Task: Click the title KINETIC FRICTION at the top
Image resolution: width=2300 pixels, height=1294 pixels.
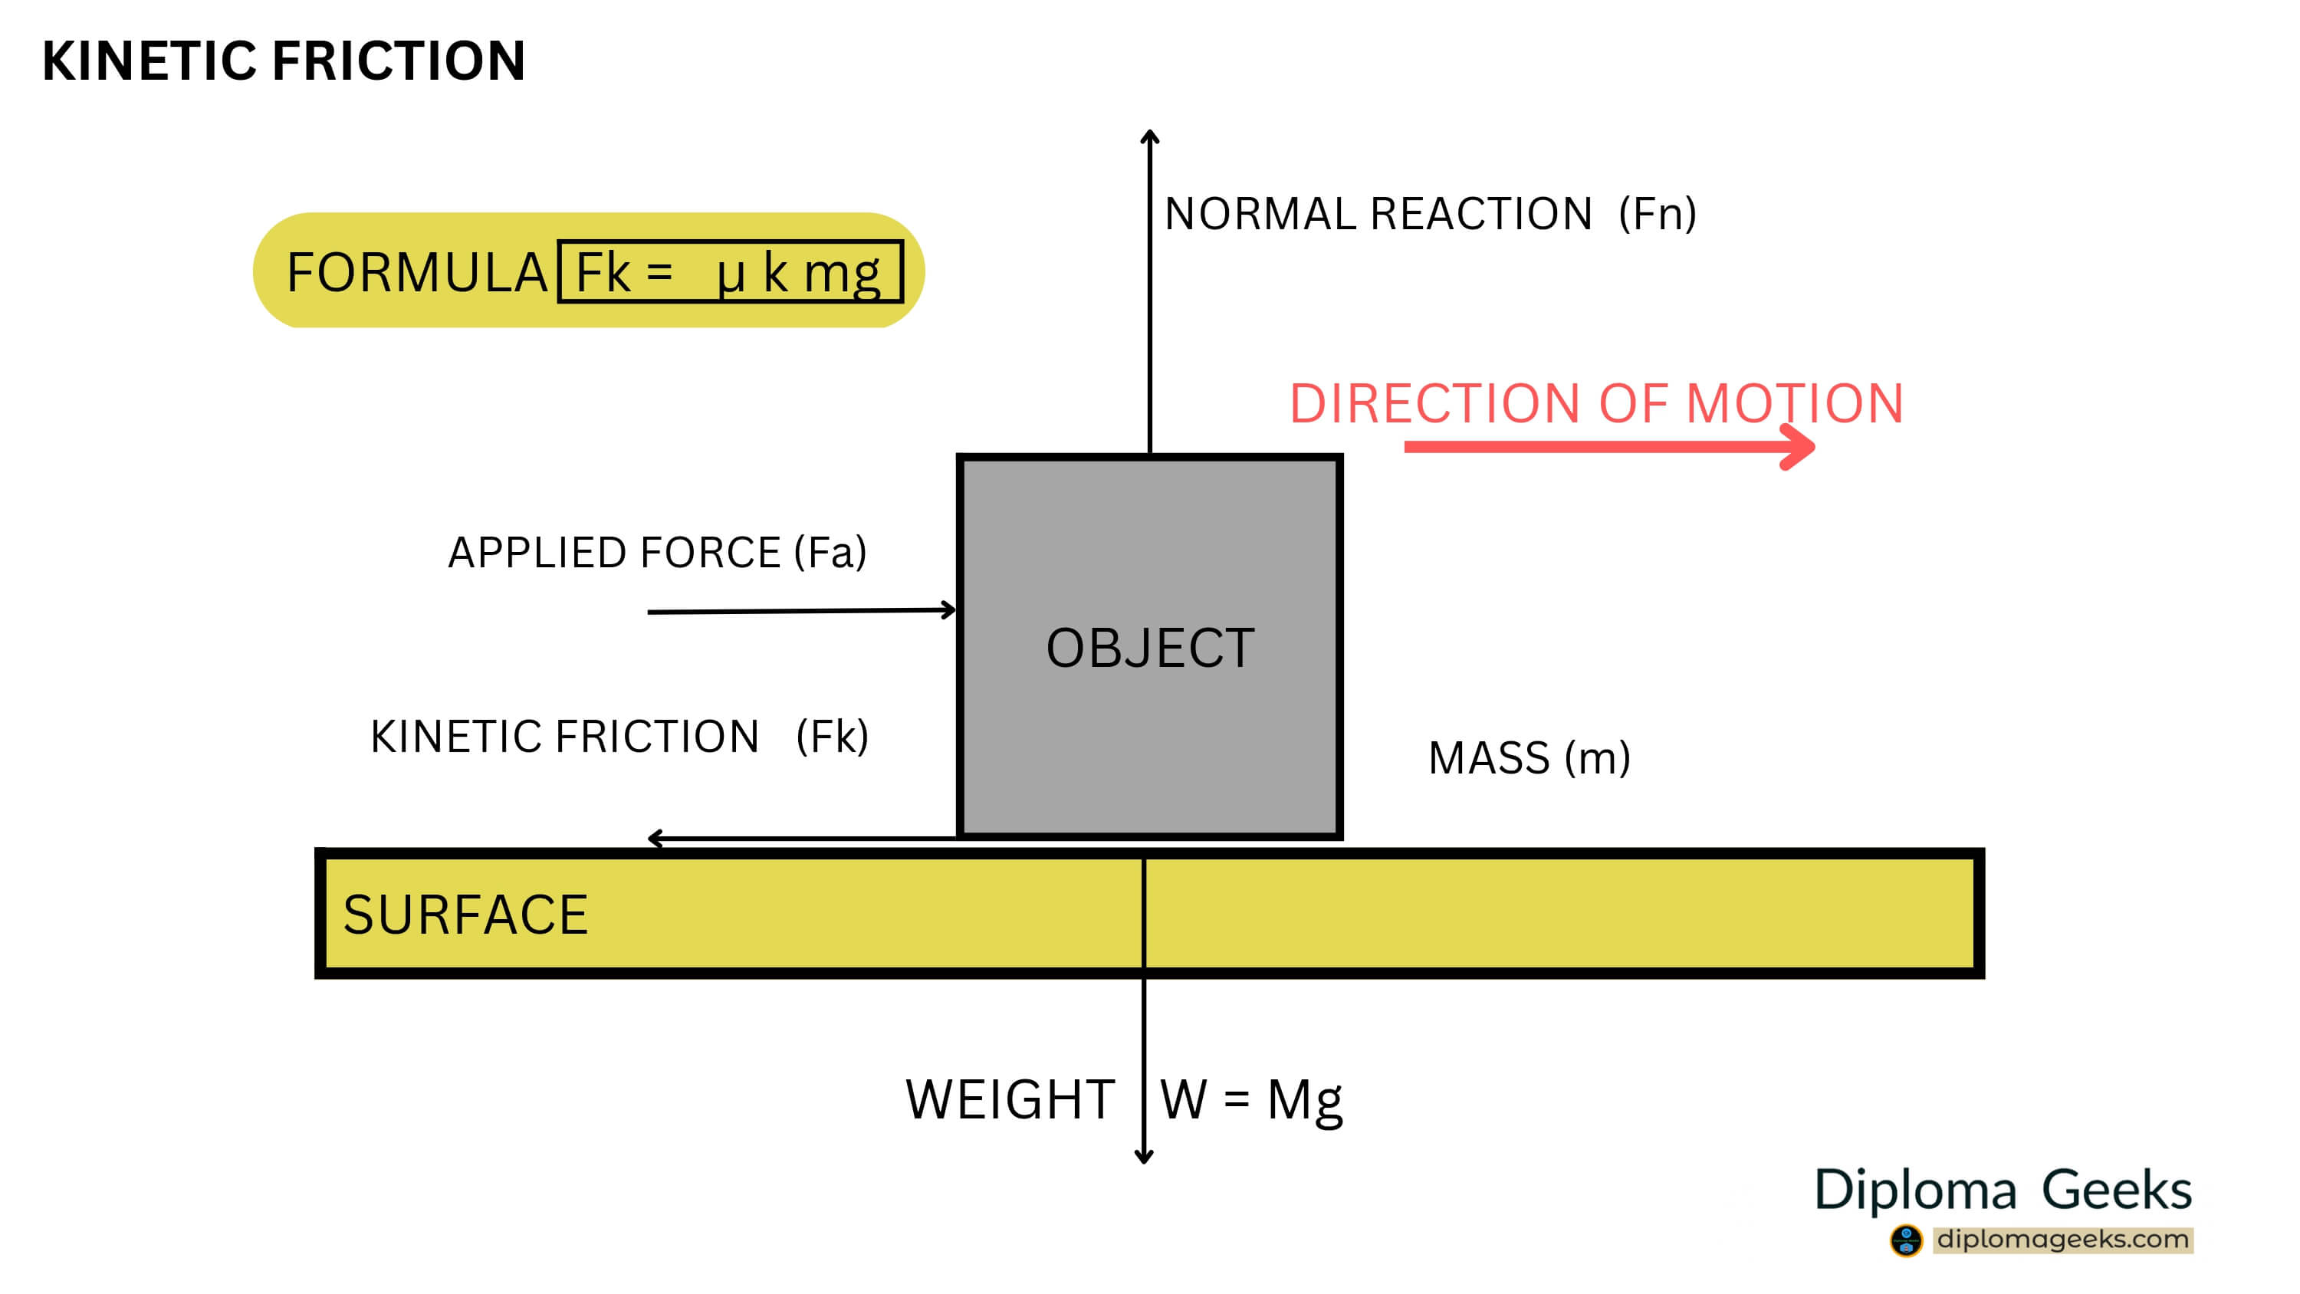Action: (x=283, y=61)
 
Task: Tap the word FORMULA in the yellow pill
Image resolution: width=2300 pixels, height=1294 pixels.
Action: (x=416, y=272)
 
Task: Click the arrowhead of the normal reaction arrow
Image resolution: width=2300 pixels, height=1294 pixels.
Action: (x=1150, y=136)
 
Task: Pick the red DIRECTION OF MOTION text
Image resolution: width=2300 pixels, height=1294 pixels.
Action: (x=1596, y=404)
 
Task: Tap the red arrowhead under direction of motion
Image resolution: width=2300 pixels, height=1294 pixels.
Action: (x=1800, y=445)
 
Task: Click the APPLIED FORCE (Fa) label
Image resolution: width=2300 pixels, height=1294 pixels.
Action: (x=657, y=553)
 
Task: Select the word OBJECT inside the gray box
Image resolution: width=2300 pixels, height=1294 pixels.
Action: (x=1150, y=649)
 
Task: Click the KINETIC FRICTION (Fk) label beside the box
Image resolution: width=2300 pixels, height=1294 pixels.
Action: (x=619, y=737)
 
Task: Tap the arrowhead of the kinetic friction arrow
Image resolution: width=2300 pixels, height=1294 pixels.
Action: (x=655, y=839)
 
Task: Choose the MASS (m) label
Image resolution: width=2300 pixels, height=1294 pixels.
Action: (x=1529, y=758)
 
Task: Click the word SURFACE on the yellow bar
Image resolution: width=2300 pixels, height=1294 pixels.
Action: (x=465, y=915)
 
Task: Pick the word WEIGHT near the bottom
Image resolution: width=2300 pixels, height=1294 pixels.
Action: (x=1010, y=1099)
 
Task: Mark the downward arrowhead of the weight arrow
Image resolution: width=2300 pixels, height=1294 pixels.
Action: (x=1144, y=1158)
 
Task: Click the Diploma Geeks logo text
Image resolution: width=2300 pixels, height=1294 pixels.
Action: (x=2003, y=1191)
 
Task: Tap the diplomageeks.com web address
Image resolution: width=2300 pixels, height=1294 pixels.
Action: (x=2062, y=1240)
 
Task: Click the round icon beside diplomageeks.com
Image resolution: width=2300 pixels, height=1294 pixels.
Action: (x=1905, y=1240)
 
